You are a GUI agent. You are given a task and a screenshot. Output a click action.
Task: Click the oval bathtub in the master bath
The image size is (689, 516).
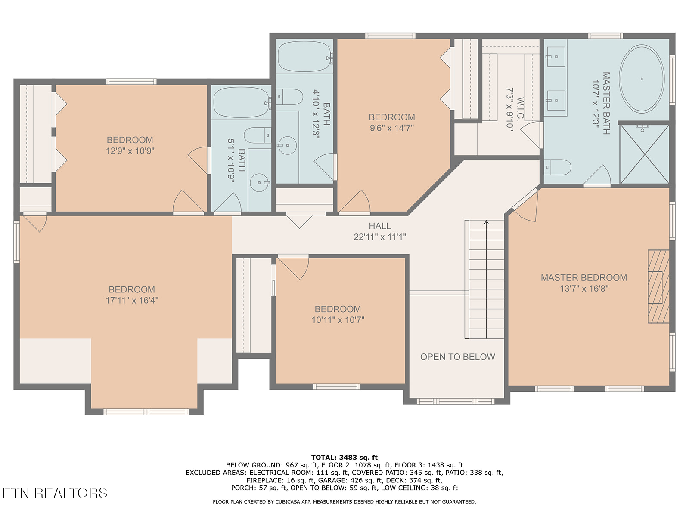pyautogui.click(x=641, y=79)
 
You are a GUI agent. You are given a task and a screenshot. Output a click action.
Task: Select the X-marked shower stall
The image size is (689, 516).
pyautogui.click(x=645, y=154)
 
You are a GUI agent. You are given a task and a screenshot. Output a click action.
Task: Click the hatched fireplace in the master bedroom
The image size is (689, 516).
pyautogui.click(x=658, y=286)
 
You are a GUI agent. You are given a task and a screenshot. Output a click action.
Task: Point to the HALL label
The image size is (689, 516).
pyautogui.click(x=379, y=226)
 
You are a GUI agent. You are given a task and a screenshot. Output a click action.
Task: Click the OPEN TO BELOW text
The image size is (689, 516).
pyautogui.click(x=457, y=357)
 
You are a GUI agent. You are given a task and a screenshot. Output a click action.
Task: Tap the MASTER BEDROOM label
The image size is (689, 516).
pyautogui.click(x=583, y=278)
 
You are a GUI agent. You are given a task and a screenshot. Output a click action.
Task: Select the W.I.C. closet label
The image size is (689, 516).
pyautogui.click(x=520, y=108)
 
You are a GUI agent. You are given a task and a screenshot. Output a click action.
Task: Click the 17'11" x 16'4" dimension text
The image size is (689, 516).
pyautogui.click(x=132, y=301)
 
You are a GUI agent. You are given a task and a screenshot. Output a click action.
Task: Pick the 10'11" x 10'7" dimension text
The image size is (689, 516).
pyautogui.click(x=338, y=320)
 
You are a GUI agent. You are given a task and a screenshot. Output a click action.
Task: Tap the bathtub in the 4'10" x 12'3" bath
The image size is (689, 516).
pyautogui.click(x=305, y=56)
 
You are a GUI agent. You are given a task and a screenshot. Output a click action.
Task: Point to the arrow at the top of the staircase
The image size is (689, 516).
pyautogui.click(x=486, y=222)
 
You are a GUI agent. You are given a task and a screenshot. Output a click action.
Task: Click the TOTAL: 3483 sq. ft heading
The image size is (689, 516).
pyautogui.click(x=344, y=458)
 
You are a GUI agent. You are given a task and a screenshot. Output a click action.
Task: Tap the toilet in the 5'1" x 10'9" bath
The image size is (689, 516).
pyautogui.click(x=258, y=135)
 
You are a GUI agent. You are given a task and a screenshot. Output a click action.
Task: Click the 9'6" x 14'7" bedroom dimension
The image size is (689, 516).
pyautogui.click(x=392, y=128)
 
